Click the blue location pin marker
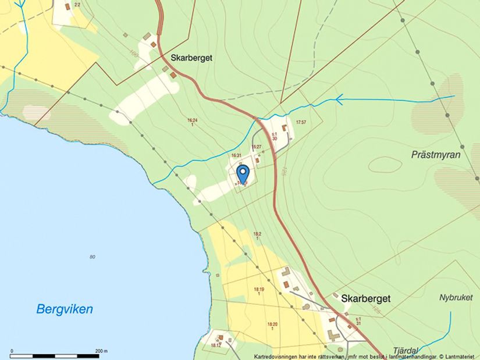243,174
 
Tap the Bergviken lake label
65,309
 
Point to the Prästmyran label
436,155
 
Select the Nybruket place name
457,297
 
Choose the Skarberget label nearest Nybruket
365,298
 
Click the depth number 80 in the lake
93,256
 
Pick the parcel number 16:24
192,120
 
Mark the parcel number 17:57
301,122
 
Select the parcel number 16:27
257,147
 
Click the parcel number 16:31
236,155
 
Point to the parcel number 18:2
257,234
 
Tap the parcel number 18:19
259,289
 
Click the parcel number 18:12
216,345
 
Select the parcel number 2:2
77,5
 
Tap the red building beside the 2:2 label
67,6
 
